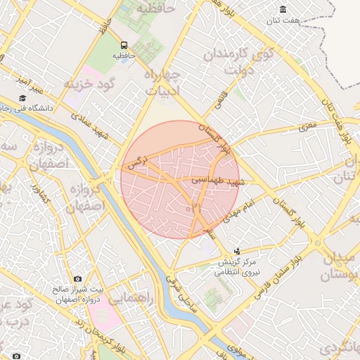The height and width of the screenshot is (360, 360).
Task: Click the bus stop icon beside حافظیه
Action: point(124,44)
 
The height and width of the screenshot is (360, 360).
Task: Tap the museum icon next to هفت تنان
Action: point(283,9)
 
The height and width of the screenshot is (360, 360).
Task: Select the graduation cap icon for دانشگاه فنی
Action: point(22,98)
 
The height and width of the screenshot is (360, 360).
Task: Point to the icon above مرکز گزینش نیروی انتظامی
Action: point(237,250)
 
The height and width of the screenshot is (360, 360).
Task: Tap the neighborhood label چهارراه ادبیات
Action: point(162,81)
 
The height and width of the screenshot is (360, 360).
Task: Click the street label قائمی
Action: point(220,102)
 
